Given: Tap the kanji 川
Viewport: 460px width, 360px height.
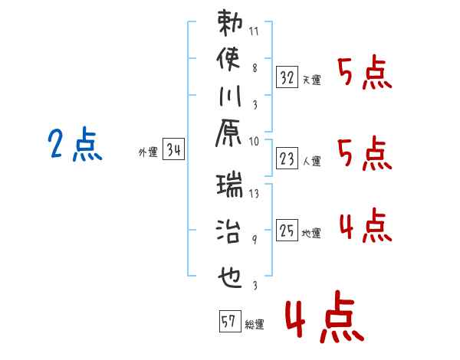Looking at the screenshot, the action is click(230, 96).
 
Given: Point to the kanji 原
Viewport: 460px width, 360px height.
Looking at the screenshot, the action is click(228, 133).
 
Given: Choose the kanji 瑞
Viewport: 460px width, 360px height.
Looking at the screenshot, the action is click(230, 185).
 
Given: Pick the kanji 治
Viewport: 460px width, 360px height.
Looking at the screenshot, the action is click(228, 231).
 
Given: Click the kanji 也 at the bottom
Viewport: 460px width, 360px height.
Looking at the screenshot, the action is click(230, 277).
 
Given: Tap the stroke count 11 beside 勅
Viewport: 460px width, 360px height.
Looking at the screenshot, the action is click(254, 31).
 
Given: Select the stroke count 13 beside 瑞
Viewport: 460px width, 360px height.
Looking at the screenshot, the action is click(254, 194).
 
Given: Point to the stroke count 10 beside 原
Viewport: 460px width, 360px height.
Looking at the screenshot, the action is click(254, 142).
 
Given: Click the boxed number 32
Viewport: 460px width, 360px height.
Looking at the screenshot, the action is click(287, 77).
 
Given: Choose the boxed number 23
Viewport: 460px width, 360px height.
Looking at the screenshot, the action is click(287, 159).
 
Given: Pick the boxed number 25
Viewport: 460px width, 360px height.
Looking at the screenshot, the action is click(287, 230).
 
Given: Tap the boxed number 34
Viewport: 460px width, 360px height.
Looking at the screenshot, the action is click(174, 149).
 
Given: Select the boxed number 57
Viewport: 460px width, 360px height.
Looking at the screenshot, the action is click(230, 321).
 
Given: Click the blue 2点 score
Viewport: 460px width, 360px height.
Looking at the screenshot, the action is click(75, 144).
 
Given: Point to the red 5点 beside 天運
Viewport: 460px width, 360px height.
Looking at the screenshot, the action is click(365, 72).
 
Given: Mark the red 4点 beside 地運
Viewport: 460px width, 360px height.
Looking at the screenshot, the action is click(366, 225).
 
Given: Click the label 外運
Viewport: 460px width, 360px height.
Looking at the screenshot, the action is click(148, 152).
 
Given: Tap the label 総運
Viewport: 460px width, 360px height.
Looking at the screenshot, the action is click(255, 325).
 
